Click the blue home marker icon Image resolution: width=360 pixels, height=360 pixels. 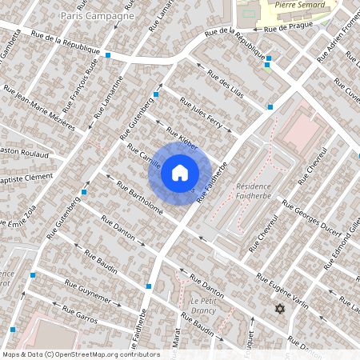pos(180,173)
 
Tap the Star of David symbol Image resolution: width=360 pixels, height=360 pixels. pos(279,308)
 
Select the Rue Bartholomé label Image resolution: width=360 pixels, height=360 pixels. pos(140,199)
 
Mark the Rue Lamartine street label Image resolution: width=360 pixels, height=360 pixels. pos(110,96)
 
